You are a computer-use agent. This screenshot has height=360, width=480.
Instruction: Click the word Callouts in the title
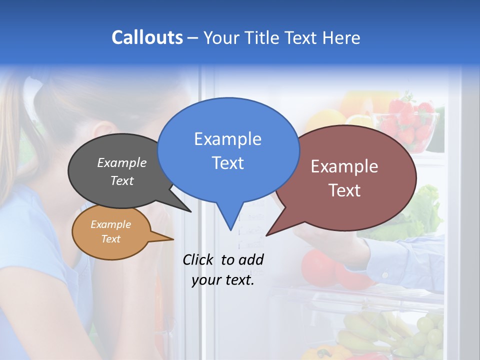[147, 37]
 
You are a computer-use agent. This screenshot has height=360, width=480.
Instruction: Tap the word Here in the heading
[341, 37]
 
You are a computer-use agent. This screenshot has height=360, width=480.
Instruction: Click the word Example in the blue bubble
[227, 139]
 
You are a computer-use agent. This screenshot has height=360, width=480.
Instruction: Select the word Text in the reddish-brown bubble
[344, 190]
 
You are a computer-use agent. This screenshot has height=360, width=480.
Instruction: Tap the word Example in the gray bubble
[122, 162]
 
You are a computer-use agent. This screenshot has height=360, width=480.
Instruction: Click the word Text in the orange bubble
[110, 239]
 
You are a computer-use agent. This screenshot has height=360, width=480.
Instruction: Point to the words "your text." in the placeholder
[223, 280]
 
